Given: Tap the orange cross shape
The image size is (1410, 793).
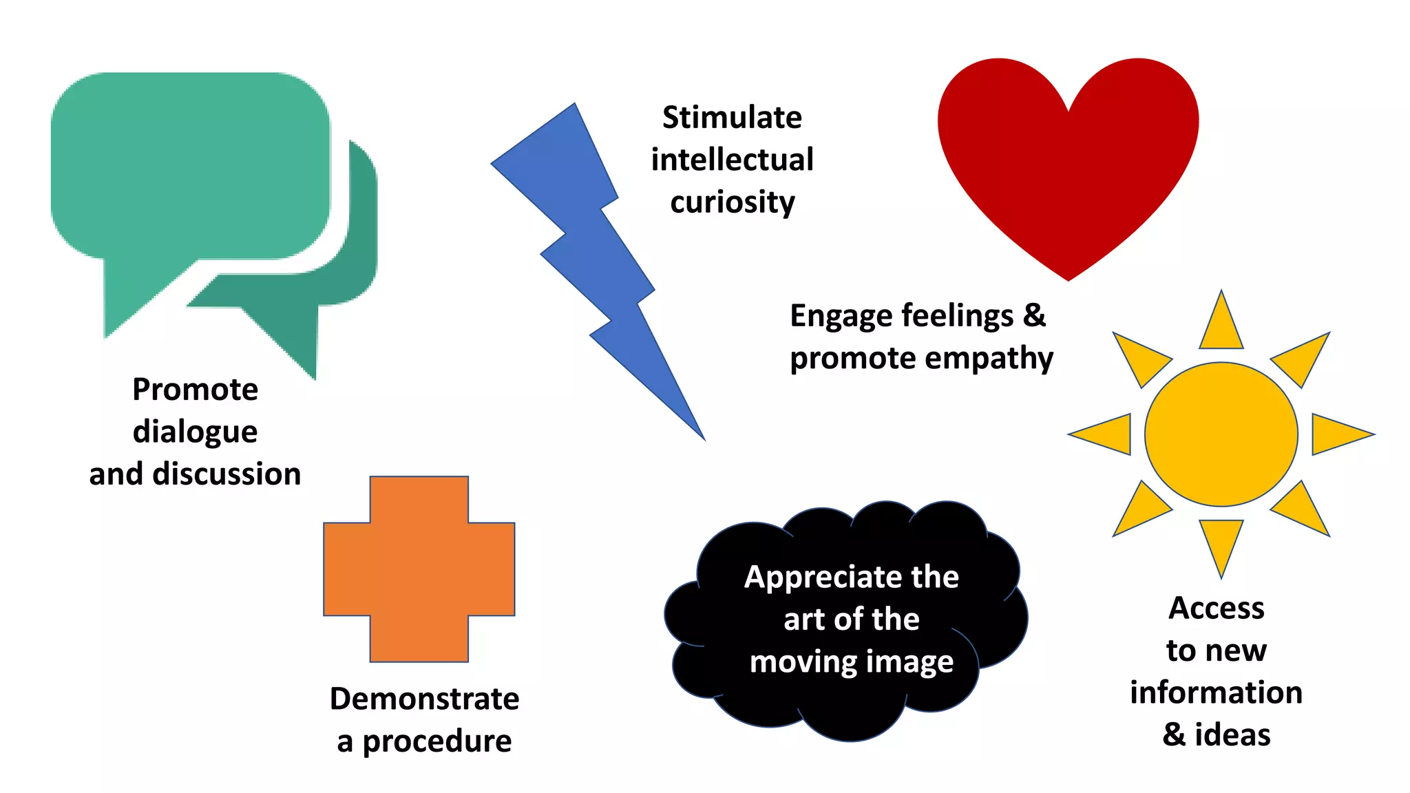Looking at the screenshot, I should [x=419, y=569].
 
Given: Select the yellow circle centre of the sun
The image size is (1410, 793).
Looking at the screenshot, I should [x=1221, y=434].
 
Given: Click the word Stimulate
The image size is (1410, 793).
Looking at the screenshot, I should [x=732, y=118].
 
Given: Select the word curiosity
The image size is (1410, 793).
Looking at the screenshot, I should [x=733, y=202].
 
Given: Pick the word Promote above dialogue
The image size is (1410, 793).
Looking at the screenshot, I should [x=195, y=390].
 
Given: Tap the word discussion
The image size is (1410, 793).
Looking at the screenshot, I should [x=227, y=474].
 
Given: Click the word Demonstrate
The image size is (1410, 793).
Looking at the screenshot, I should [x=424, y=699].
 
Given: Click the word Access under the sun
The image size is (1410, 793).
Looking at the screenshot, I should [x=1217, y=609].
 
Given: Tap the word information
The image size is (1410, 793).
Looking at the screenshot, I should [x=1216, y=693].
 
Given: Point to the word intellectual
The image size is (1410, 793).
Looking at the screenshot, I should [x=732, y=160].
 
